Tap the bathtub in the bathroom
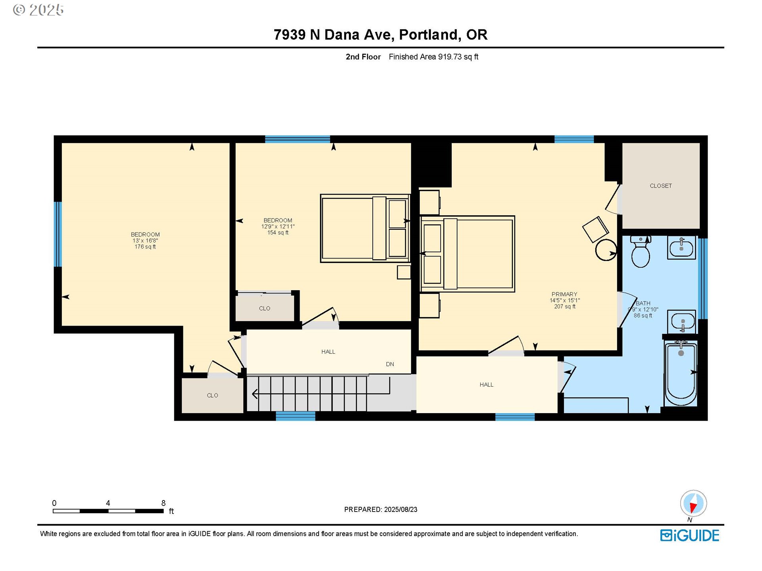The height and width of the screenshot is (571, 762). tap(681, 373)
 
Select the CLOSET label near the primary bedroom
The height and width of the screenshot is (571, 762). tap(661, 186)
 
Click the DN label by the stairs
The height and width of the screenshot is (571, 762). tap(390, 364)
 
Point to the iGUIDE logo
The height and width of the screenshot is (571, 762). tap(690, 536)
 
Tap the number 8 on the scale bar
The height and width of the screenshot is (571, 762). tap(163, 503)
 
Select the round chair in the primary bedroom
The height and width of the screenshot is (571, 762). tap(606, 250)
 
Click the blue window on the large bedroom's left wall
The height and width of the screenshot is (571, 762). tap(58, 234)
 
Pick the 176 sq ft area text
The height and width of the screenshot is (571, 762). tap(145, 247)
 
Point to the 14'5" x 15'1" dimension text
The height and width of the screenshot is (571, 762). tap(565, 301)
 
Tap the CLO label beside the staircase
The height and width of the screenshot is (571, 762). tap(212, 395)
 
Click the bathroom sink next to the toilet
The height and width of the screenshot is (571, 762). tap(681, 247)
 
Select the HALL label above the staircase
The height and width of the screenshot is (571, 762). tap(328, 352)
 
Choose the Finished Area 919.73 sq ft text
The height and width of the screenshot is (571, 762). tap(433, 57)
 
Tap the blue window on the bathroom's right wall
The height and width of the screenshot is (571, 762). tap(702, 278)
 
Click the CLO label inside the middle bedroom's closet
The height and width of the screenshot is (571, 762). tap(265, 308)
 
